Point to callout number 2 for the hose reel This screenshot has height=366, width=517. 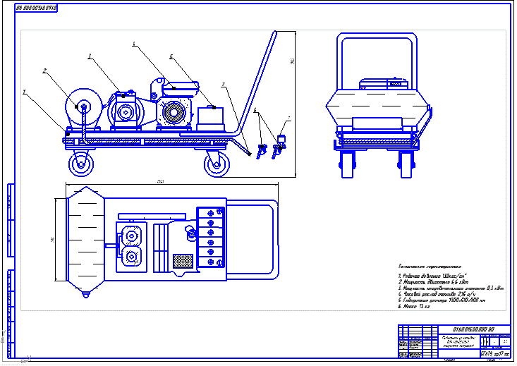[x=44, y=71]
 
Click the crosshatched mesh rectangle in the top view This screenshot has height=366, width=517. [x=183, y=260]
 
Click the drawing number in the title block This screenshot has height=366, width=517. [x=469, y=329]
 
